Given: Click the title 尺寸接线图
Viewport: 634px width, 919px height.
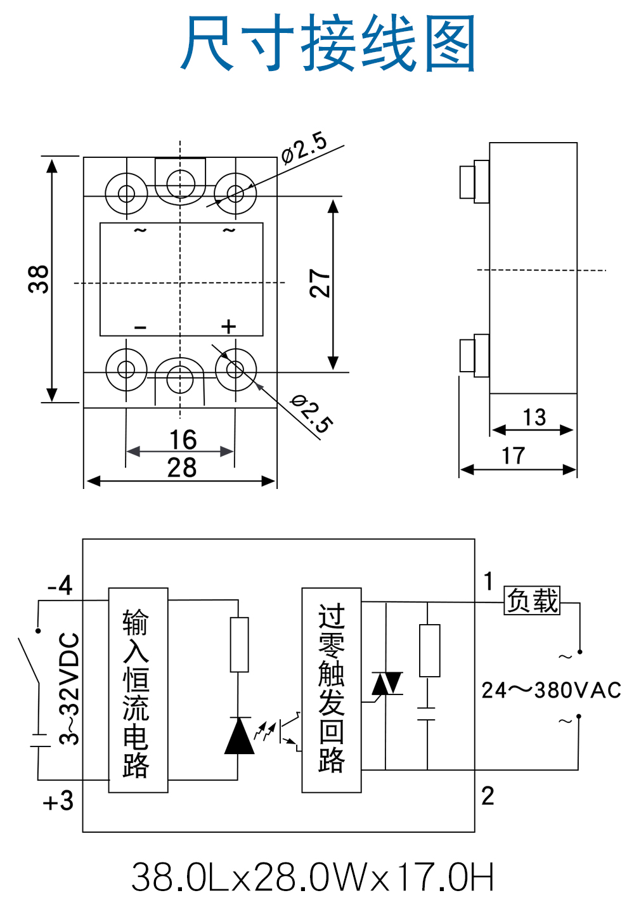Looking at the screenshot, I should [x=328, y=43].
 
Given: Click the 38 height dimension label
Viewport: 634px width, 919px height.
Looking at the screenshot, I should [x=39, y=279].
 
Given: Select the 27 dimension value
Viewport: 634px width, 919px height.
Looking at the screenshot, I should [x=320, y=283].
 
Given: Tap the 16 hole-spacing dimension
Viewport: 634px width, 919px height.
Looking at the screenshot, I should [x=183, y=440].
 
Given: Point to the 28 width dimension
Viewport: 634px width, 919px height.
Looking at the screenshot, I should [x=182, y=468].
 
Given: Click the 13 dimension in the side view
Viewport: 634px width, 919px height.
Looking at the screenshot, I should [x=534, y=417].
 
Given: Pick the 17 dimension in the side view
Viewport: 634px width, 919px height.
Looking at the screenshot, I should [x=514, y=456].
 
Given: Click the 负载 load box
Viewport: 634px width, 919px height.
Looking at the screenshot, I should [x=533, y=601].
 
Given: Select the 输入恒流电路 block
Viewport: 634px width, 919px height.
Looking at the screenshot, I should [x=138, y=690].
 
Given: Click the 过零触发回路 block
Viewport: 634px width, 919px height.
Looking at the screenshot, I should [x=332, y=690].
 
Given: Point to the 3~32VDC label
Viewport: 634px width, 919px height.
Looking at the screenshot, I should [x=70, y=689].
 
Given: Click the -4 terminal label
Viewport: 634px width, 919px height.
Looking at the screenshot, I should [x=60, y=585].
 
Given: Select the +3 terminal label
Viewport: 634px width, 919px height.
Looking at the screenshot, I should [x=58, y=802].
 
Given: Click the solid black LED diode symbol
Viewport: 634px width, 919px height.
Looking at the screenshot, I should [x=239, y=736].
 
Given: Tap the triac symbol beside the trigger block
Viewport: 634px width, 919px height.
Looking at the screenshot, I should [x=387, y=684].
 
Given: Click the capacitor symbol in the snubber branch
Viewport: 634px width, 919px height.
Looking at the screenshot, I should [x=428, y=714].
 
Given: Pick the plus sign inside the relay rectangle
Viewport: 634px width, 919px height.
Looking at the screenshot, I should [x=228, y=327].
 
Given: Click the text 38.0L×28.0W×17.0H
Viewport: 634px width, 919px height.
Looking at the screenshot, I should [x=313, y=877].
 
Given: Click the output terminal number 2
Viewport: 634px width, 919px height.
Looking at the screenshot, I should [x=488, y=796].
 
